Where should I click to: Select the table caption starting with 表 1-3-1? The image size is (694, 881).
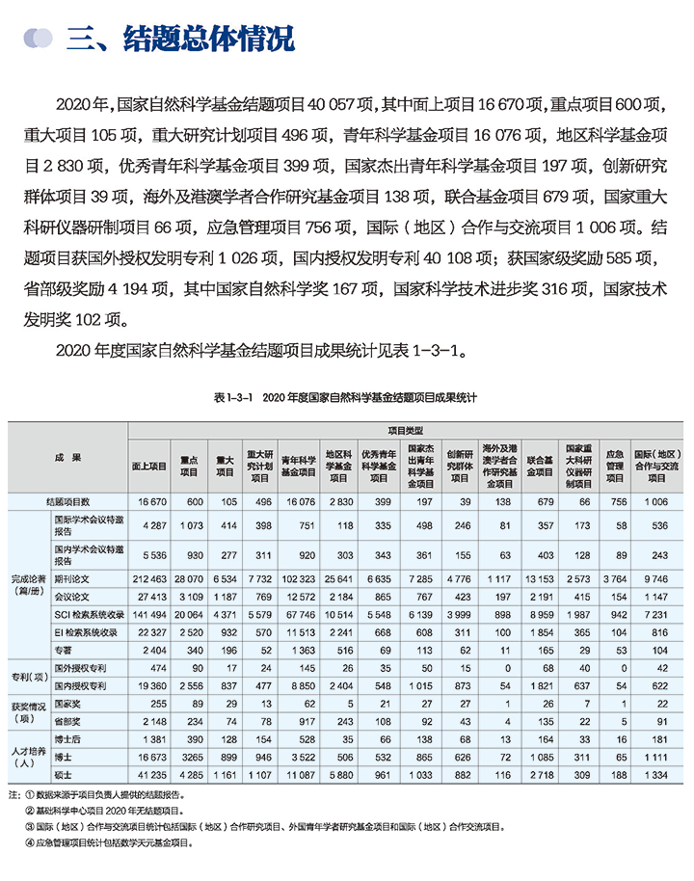click(x=346, y=397)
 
